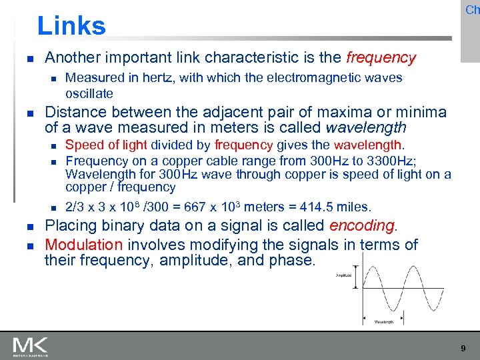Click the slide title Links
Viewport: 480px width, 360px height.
click(71, 26)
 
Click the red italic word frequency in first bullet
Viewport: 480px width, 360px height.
click(381, 58)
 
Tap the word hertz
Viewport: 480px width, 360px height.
click(142, 78)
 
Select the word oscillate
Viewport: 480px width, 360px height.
click(89, 93)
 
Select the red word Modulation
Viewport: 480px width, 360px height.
click(84, 245)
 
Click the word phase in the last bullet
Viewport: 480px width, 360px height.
click(291, 260)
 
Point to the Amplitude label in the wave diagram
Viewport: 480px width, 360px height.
click(344, 275)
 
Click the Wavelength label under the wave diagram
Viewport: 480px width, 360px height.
click(383, 321)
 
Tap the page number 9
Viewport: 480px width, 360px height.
click(463, 348)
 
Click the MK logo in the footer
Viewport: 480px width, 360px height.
click(30, 346)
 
